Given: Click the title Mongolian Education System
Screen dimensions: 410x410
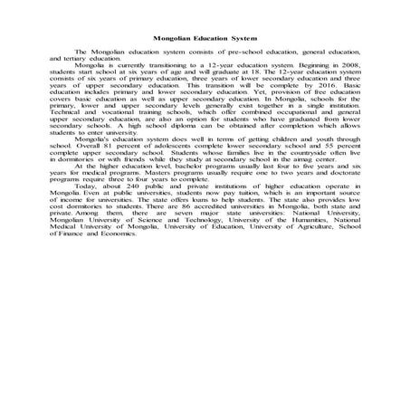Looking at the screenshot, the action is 205,40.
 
